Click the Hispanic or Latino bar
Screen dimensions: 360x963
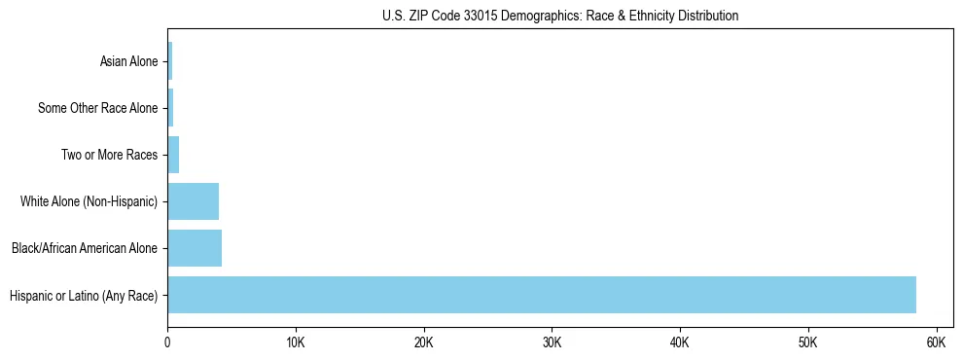coord(542,295)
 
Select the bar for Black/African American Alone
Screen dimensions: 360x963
coord(195,248)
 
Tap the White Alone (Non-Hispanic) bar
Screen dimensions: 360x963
coord(193,201)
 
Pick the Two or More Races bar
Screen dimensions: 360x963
coord(173,155)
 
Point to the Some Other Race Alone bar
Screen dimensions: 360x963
coord(170,108)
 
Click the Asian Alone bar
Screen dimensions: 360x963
coord(170,61)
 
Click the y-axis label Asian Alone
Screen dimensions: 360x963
coord(128,61)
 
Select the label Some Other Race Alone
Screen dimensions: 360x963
coord(97,108)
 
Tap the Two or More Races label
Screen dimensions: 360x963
coord(109,155)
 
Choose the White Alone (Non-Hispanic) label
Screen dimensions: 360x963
coord(89,201)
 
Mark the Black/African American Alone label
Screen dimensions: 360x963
coord(84,248)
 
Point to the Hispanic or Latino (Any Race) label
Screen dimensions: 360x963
coord(84,295)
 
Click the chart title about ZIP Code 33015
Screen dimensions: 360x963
coord(560,16)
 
